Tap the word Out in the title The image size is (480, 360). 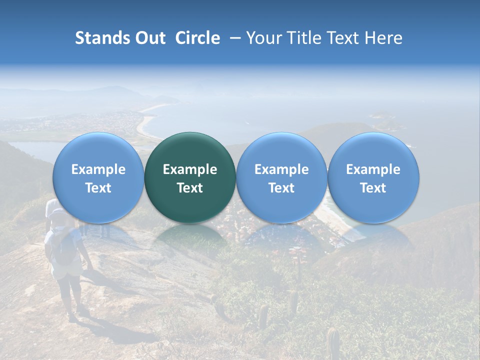tap(150, 38)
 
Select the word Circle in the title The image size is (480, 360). tap(197, 38)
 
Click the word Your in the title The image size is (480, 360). tap(262, 38)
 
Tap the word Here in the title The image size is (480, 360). tap(382, 38)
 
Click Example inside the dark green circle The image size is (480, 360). tap(190, 169)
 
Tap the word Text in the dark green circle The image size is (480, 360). tap(190, 188)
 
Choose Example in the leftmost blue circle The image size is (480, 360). tap(98, 169)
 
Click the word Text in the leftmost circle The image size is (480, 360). tap(98, 188)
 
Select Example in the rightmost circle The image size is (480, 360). tap(373, 169)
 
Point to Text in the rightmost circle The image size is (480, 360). tap(373, 188)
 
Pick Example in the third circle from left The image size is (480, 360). tap(281, 169)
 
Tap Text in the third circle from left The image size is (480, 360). tap(281, 188)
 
